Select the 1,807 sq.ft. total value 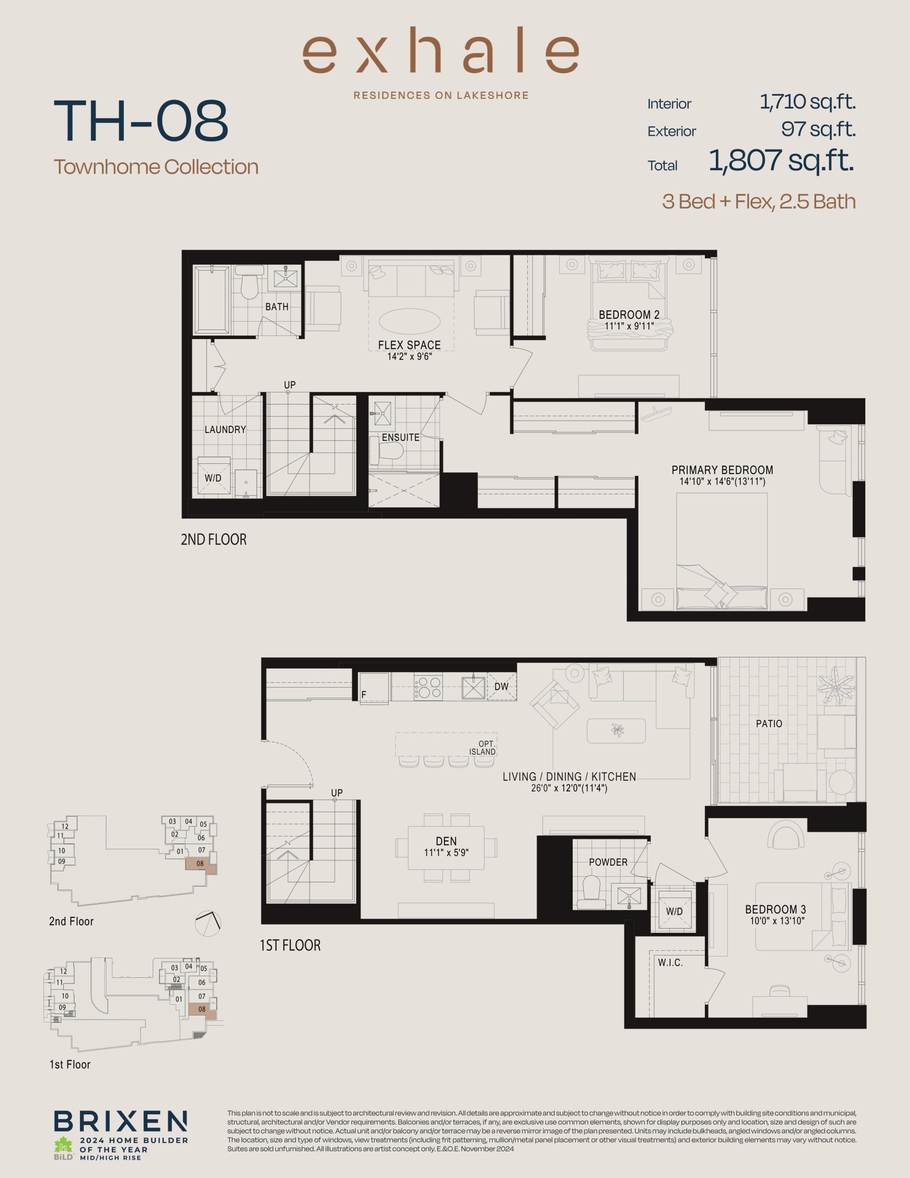pos(781,161)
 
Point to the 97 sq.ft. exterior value pos(818,129)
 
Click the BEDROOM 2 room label pos(629,314)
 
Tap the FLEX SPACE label pos(409,345)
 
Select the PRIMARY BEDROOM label pos(722,470)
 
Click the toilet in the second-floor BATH pos(249,286)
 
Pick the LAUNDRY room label pos(225,429)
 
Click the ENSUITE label pos(400,438)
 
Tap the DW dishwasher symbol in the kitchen pos(501,687)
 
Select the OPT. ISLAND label pos(482,748)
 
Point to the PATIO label pos(769,723)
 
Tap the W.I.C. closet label pos(670,962)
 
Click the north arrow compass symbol pos(207,923)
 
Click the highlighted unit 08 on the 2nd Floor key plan pos(201,864)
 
